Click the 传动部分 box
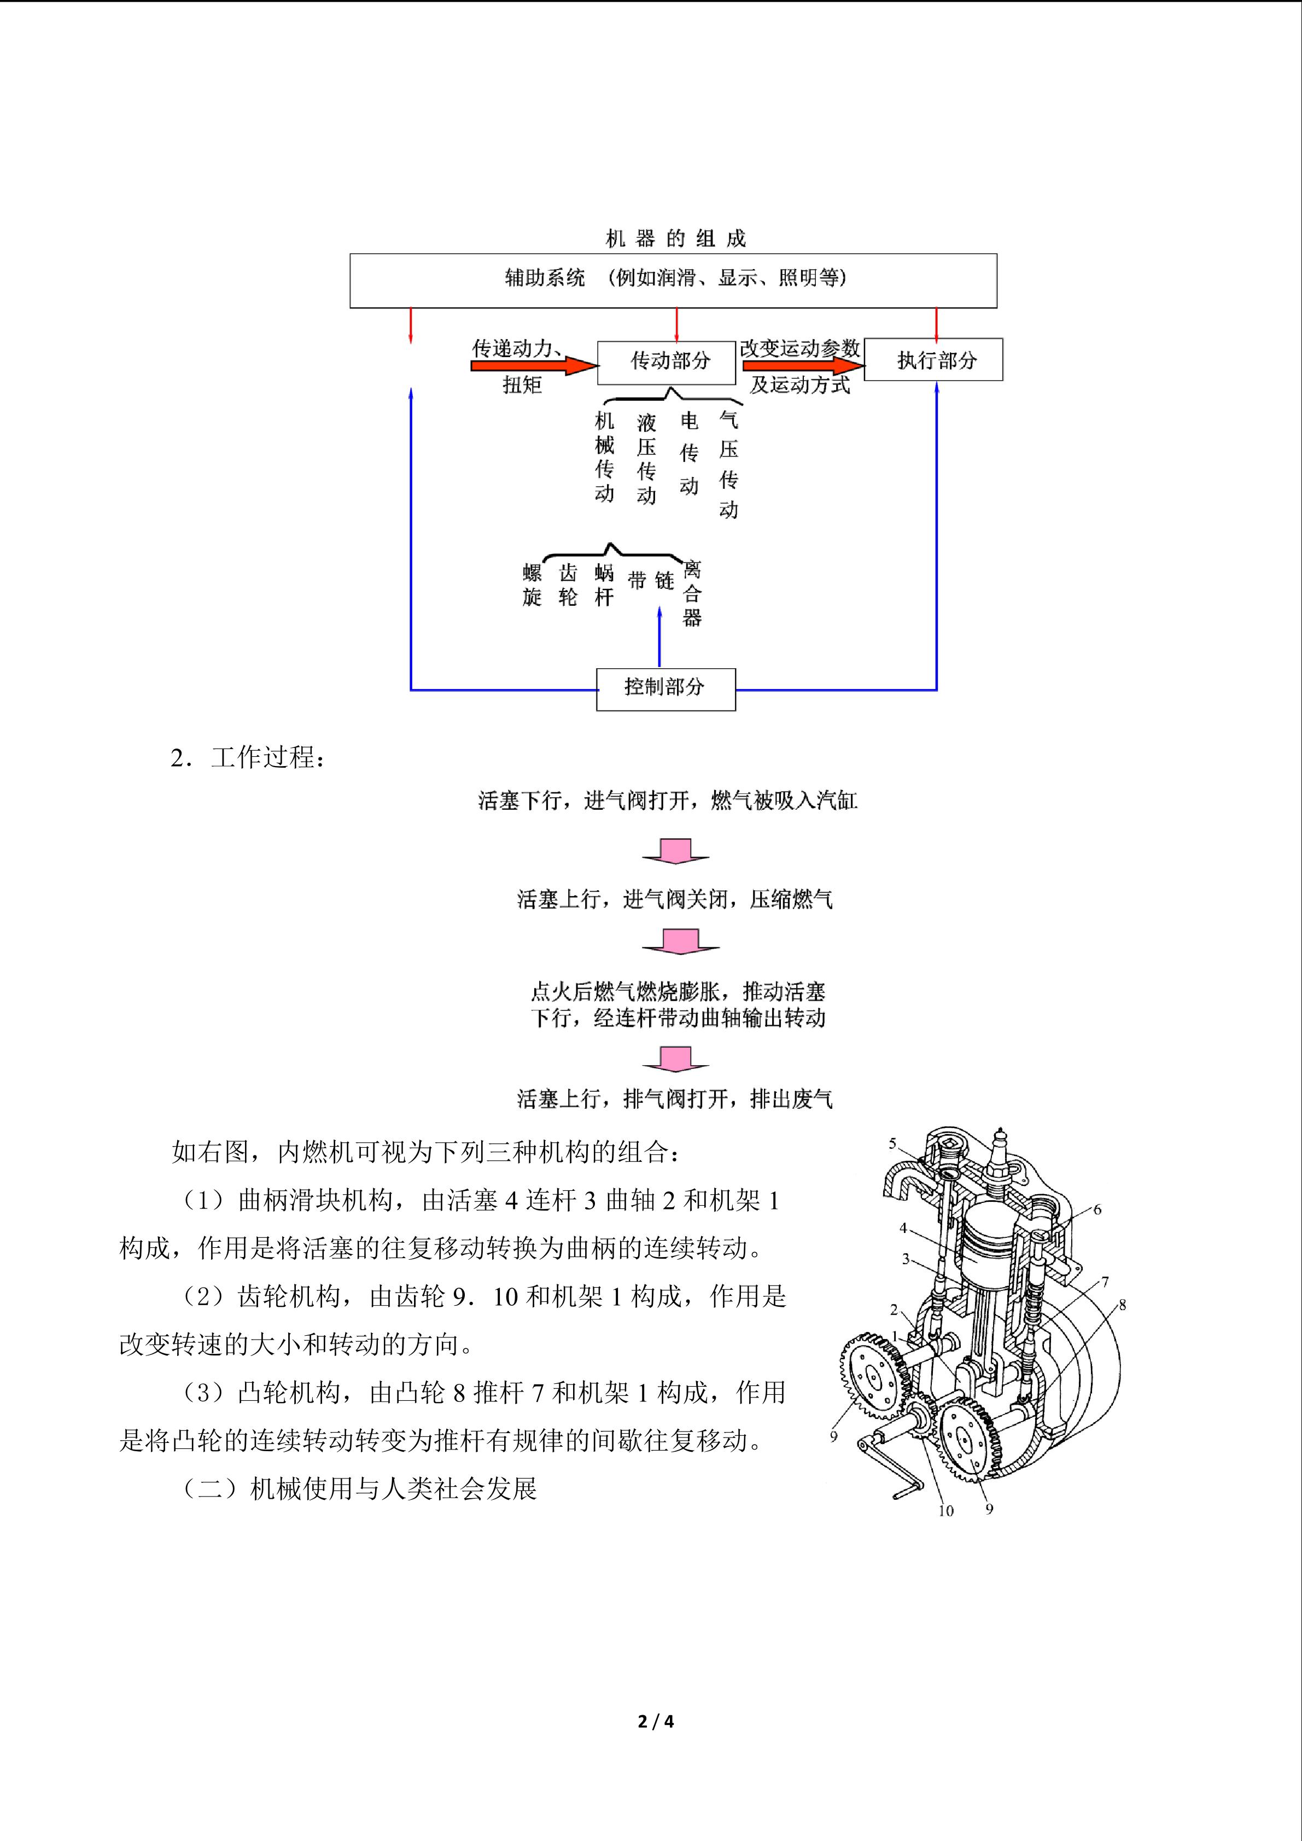(666, 363)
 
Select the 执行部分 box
(933, 360)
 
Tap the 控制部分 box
(665, 688)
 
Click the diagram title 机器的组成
(675, 238)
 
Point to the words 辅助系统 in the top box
(545, 278)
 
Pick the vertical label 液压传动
(646, 459)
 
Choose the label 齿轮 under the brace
(568, 585)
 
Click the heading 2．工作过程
(248, 758)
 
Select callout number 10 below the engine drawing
(946, 1511)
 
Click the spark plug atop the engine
(1000, 1146)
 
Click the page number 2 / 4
(655, 1721)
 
